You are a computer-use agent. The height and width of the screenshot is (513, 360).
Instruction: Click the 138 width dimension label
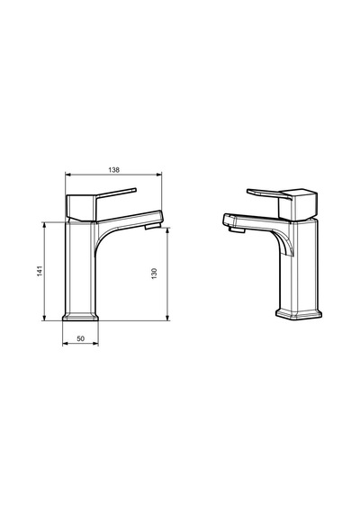coord(114,170)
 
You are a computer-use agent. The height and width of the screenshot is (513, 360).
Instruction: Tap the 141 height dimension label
coord(40,271)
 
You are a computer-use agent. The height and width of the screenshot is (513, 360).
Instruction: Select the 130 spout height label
coord(154,274)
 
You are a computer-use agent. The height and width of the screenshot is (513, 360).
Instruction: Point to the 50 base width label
coord(80,338)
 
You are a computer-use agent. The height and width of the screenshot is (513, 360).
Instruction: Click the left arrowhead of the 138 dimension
coord(68,175)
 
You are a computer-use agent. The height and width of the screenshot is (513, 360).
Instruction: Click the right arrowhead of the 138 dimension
coord(159,175)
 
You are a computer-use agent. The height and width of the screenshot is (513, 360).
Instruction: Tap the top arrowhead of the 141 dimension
coord(44,225)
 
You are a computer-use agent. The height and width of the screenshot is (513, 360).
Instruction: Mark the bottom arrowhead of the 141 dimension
coord(44,318)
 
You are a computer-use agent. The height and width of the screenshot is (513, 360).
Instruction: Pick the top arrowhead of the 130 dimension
coord(167,230)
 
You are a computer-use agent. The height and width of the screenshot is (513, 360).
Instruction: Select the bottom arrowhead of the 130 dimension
coord(167,318)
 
